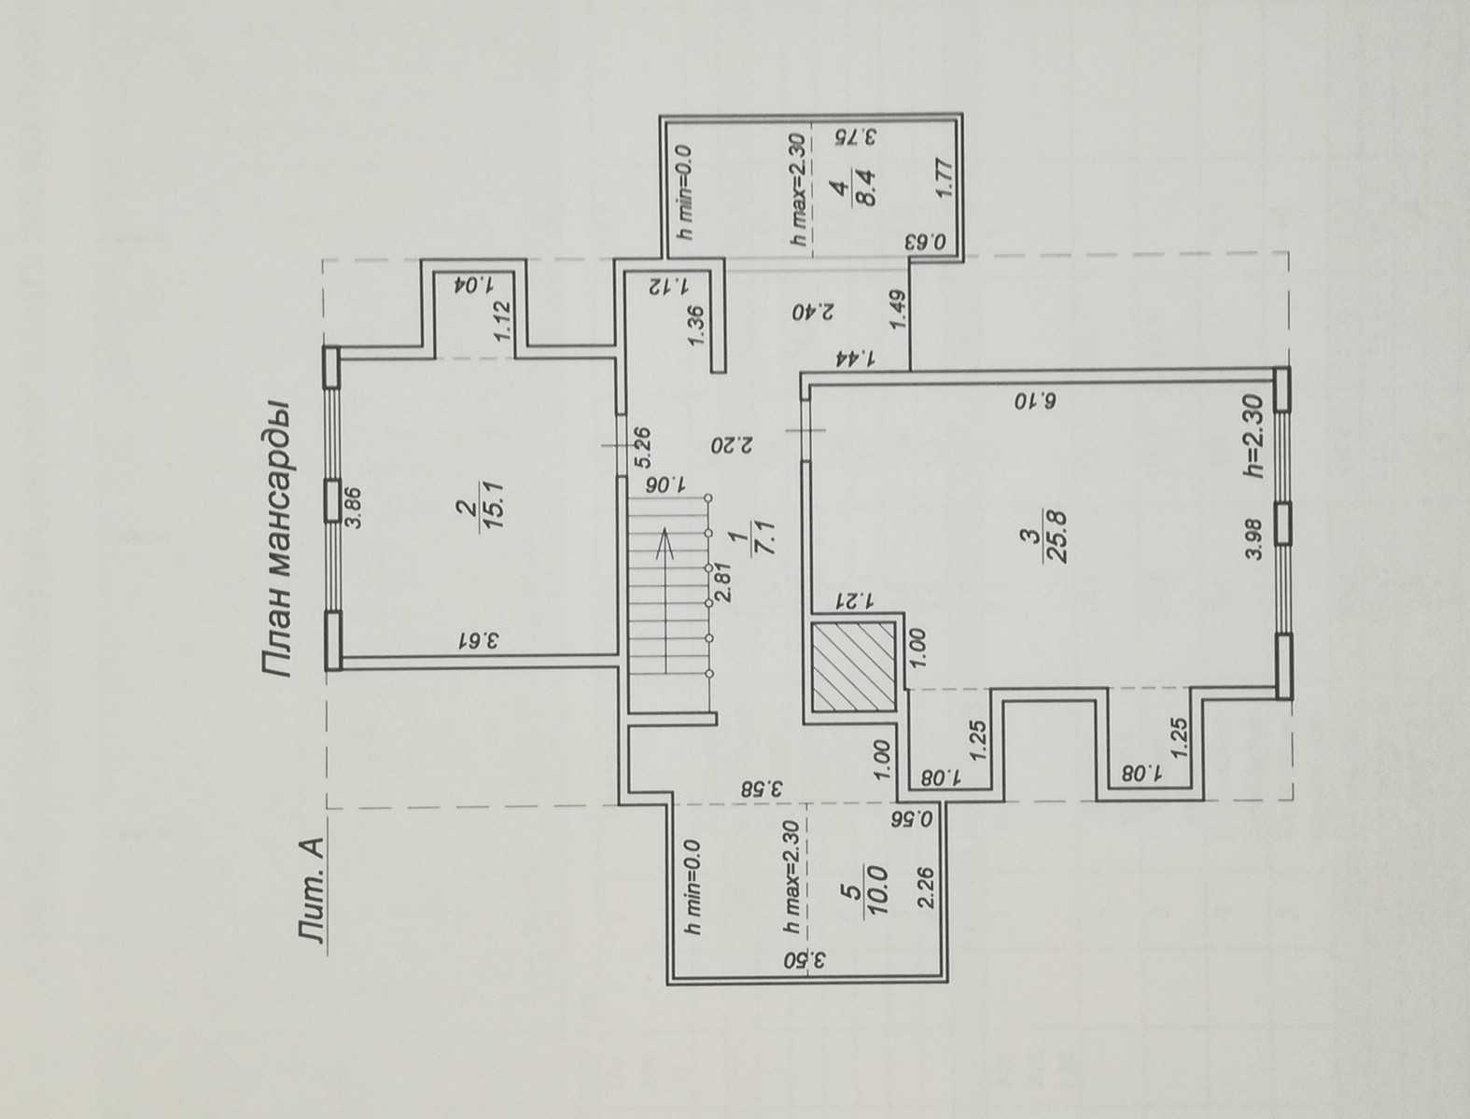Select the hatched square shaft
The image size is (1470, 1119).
coord(853,666)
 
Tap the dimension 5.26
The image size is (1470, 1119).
coord(640,448)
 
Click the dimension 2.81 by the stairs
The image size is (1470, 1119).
coord(721,586)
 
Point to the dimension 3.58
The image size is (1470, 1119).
coord(763,787)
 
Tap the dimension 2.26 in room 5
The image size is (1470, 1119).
coord(926,888)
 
